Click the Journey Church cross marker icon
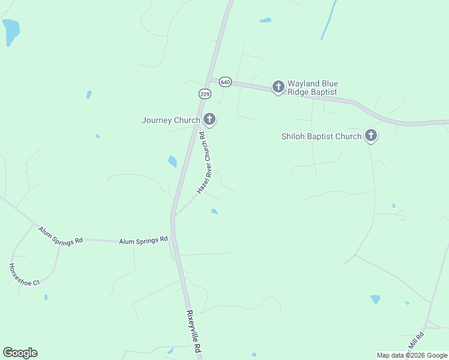[209, 119]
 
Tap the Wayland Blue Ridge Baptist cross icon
[278, 87]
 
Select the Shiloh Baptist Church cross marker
[371, 136]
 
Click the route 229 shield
[205, 94]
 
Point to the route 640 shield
[225, 81]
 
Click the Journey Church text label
[170, 120]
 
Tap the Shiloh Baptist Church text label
[321, 136]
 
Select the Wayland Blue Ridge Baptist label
[312, 88]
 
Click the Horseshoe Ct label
[24, 274]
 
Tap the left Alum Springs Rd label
[60, 235]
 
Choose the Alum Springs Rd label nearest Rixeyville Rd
[143, 241]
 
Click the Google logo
[20, 353]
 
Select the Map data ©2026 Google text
[412, 355]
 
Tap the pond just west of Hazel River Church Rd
[172, 161]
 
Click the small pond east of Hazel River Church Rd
[214, 211]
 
